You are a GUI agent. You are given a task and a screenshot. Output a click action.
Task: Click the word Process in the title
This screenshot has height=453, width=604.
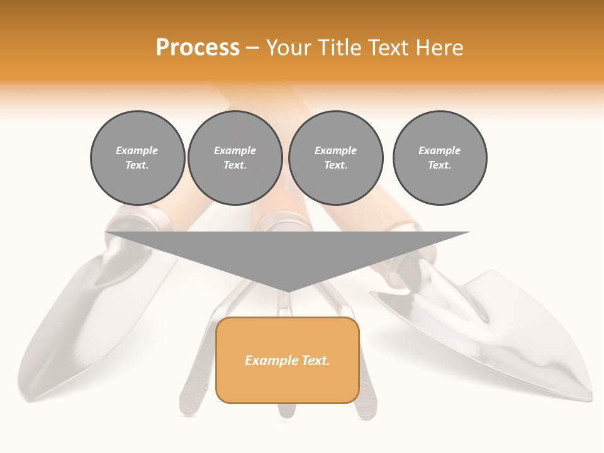click(x=198, y=48)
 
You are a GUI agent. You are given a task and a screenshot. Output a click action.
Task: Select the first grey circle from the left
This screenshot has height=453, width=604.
click(x=138, y=158)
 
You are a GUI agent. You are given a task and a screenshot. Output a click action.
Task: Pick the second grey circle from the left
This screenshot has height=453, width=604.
click(x=235, y=158)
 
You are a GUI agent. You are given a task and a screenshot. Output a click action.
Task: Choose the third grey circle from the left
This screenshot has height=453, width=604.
click(x=336, y=158)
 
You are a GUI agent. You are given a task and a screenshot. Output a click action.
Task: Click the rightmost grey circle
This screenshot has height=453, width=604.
click(x=440, y=158)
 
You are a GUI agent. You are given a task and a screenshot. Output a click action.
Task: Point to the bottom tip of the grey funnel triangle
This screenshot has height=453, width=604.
click(x=288, y=291)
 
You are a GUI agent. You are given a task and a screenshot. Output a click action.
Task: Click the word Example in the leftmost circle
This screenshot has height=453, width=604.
click(x=137, y=150)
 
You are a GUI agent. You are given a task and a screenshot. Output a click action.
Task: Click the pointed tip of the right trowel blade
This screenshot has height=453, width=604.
click(x=590, y=398)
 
